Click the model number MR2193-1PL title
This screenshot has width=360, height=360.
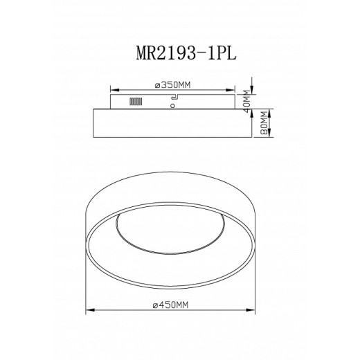pyautogui.click(x=179, y=55)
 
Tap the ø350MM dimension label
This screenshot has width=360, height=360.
pyautogui.click(x=172, y=84)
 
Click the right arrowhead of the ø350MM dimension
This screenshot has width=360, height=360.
pyautogui.click(x=235, y=89)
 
